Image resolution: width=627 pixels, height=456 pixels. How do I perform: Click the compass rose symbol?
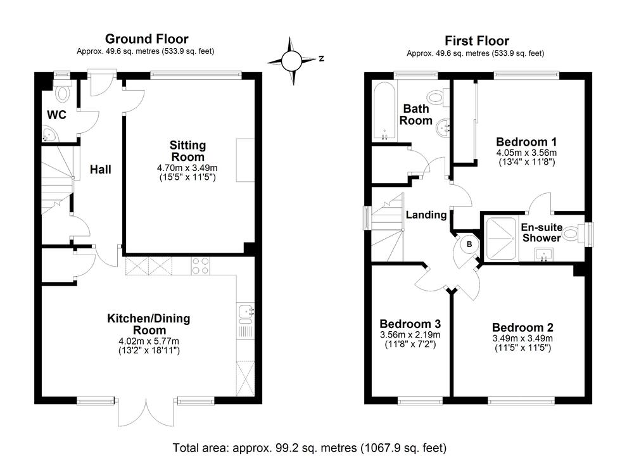point(292,61)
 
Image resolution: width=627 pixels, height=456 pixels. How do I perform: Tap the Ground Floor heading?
point(146,39)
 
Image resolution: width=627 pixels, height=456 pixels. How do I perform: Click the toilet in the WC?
point(62,94)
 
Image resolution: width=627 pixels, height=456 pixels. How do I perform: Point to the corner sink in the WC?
point(49,134)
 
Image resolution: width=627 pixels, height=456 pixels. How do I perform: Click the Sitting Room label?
point(187,151)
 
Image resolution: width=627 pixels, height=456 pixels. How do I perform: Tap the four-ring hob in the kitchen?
point(201,266)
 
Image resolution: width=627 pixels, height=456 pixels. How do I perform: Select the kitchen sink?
point(246,312)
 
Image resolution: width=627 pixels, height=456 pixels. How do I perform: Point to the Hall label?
point(100,170)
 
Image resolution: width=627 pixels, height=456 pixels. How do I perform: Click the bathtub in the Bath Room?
point(384,111)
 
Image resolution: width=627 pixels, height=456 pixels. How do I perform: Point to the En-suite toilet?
point(571,234)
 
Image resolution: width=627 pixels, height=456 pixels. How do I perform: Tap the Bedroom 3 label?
point(409,324)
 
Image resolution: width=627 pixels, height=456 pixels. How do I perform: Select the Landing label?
point(426,215)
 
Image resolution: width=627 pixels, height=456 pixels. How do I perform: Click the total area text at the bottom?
point(310,448)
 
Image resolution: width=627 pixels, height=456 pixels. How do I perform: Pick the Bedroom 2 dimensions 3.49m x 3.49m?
point(522,338)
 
